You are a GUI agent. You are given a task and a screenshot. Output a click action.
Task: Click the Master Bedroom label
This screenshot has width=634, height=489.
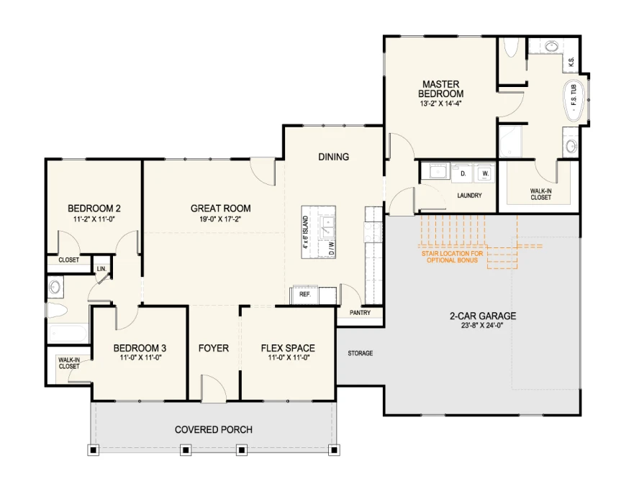[440, 89]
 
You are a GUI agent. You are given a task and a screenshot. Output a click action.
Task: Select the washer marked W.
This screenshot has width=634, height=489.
[486, 173]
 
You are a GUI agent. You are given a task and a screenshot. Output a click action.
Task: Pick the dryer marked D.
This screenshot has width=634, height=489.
[463, 173]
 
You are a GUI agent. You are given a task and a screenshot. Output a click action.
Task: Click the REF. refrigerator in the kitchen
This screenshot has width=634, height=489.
[304, 295]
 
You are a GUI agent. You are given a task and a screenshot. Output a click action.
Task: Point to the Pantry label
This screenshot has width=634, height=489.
[360, 312]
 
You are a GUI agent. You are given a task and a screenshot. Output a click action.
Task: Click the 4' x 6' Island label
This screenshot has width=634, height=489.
[306, 232]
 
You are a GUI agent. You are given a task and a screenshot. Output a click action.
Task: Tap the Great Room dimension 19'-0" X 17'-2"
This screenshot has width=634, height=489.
[220, 219]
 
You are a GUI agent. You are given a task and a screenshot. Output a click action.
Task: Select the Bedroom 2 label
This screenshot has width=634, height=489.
[94, 209]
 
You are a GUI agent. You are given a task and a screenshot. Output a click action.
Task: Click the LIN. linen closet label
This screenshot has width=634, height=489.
[101, 269]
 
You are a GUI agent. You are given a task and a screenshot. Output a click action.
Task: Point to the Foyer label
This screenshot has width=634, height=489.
[214, 348]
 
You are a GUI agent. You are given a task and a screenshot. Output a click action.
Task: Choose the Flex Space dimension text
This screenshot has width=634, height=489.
[289, 357]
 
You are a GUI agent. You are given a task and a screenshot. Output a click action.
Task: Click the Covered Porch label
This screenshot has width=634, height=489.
[214, 429]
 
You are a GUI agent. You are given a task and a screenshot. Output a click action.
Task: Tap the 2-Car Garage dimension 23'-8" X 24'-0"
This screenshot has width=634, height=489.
[483, 325]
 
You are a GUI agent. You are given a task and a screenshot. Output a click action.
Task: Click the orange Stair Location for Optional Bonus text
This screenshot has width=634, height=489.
[452, 257]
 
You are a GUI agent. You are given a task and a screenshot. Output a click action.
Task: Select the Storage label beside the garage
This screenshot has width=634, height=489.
[361, 353]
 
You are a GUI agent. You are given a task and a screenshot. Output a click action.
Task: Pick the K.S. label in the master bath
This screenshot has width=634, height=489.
[571, 62]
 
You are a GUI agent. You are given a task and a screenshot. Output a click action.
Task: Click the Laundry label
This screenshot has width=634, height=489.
[469, 196]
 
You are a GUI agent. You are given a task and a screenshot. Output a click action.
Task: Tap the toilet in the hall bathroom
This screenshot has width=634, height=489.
[57, 311]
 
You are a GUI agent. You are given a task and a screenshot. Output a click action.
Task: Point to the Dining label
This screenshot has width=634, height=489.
[334, 157]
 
